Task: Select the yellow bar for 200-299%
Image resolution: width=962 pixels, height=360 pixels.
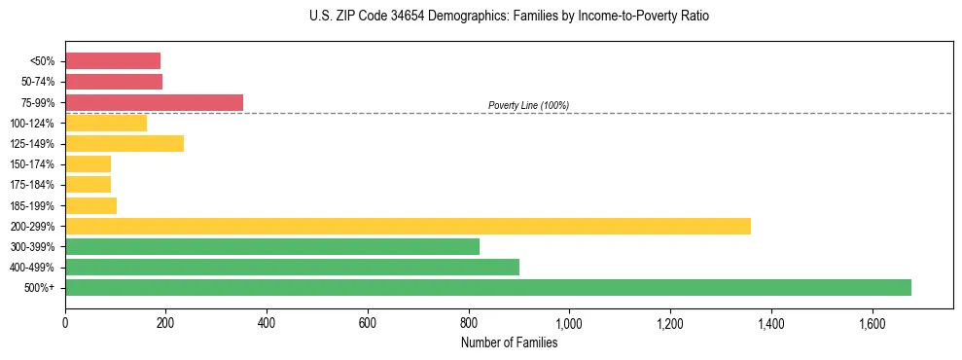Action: point(408,226)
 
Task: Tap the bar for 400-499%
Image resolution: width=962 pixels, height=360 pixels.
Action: point(292,267)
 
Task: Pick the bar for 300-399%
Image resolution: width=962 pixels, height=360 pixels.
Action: point(272,246)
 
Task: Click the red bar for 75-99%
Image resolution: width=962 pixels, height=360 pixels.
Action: point(154,102)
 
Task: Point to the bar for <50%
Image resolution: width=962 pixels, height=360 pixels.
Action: point(113,61)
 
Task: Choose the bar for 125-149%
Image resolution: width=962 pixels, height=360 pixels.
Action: point(125,143)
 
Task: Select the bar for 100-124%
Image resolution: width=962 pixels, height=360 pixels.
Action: point(106,123)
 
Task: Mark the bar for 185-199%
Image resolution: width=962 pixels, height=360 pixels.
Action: point(90,205)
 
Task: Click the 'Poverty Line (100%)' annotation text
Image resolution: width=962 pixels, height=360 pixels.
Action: point(528,105)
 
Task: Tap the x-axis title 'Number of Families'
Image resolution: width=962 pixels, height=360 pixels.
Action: point(509,342)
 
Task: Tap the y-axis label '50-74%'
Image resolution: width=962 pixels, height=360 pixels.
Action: point(38,82)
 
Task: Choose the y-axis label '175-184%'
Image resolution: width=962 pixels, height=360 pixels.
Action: point(33,185)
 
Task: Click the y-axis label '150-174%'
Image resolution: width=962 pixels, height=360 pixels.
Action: point(33,164)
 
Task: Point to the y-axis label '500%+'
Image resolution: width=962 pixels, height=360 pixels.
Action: point(40,288)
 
